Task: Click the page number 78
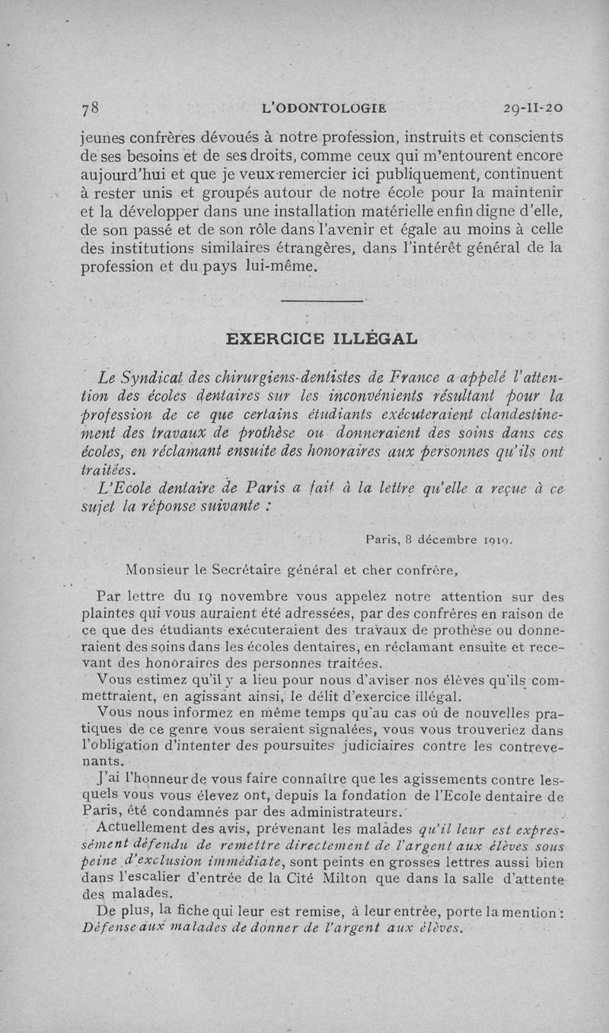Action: (x=91, y=108)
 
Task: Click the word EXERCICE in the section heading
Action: (x=276, y=337)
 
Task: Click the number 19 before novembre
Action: (x=216, y=597)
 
